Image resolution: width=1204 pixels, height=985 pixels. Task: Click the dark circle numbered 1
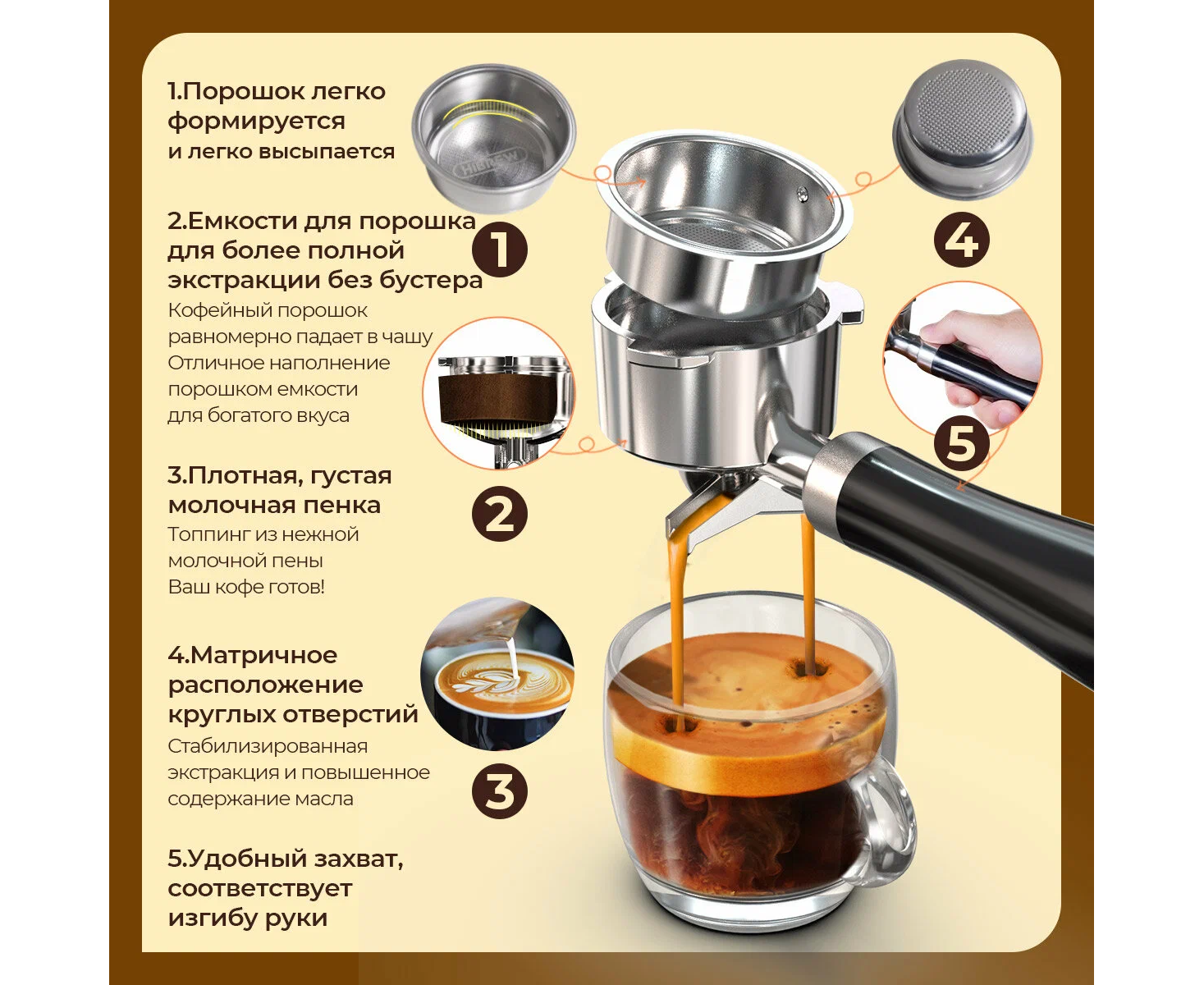(x=500, y=250)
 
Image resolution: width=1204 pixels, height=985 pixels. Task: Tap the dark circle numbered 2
(x=500, y=514)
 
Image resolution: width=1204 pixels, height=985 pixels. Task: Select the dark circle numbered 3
(x=500, y=791)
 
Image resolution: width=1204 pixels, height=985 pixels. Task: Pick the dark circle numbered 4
(x=961, y=240)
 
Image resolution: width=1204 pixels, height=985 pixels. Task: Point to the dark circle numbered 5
(x=961, y=442)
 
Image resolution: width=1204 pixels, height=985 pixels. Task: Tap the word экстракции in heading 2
(x=244, y=280)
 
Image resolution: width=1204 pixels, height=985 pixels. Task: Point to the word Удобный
(x=245, y=859)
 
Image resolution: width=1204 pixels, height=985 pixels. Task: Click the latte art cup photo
(x=497, y=675)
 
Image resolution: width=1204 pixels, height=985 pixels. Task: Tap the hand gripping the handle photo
(x=963, y=359)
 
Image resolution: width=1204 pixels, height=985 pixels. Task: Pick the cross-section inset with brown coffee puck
(x=499, y=394)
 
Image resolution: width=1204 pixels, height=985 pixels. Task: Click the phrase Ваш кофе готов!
(x=246, y=587)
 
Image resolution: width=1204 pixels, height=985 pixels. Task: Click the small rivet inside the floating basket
(x=803, y=195)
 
